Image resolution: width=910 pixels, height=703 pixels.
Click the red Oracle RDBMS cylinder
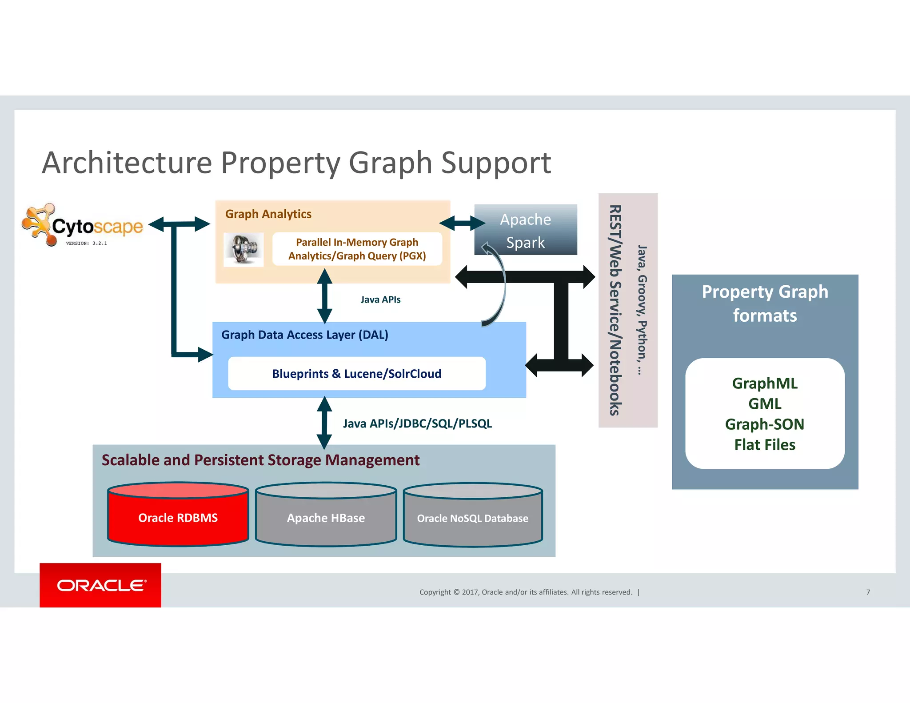point(178,518)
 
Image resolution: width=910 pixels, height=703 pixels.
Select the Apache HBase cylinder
point(326,518)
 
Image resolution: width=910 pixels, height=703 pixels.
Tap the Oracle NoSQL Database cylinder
point(472,518)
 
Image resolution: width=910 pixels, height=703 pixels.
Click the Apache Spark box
point(526,230)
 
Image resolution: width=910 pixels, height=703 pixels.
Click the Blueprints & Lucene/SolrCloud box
point(356,374)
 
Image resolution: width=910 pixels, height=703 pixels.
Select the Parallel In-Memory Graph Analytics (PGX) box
point(357,249)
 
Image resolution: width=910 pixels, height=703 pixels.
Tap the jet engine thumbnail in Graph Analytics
point(243,249)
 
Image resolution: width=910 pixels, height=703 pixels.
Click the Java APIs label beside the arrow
point(380,300)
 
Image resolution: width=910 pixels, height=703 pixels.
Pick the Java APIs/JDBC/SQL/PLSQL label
point(417,423)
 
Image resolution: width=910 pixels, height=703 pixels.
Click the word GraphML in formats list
point(765,383)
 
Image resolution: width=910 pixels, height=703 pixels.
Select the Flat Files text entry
point(765,445)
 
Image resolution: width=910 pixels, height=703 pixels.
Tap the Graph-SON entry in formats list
point(765,424)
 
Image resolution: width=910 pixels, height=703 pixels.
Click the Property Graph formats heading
point(765,304)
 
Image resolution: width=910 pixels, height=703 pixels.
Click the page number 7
point(868,592)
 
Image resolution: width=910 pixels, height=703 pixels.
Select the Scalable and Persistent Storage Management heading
point(260,460)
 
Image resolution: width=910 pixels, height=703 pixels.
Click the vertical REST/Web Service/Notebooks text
point(615,310)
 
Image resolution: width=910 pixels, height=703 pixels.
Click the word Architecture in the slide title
point(127,163)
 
